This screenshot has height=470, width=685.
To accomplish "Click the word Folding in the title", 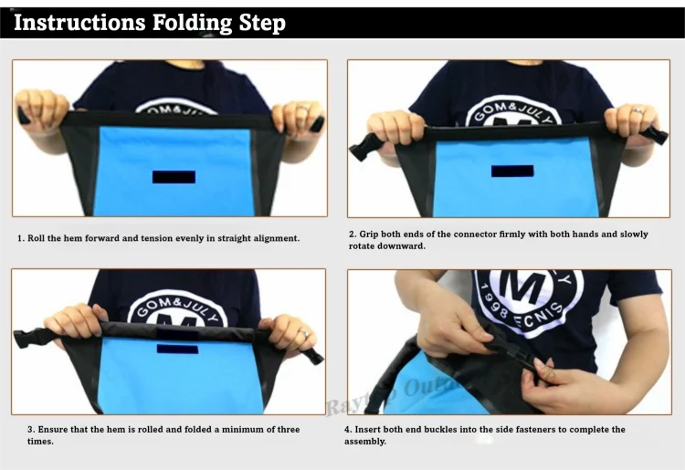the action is (x=192, y=23).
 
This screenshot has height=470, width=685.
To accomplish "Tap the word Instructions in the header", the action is (x=79, y=22).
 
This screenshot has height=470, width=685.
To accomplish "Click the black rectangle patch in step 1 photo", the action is (x=174, y=177).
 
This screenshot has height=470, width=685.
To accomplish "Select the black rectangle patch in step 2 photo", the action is (x=512, y=171).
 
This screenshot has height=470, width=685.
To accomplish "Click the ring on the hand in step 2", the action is (x=638, y=111).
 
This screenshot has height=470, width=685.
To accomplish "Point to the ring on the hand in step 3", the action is (x=304, y=334).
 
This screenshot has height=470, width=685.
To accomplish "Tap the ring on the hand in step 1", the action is (x=303, y=107).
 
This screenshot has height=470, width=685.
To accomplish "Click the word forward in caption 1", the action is (x=103, y=238).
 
